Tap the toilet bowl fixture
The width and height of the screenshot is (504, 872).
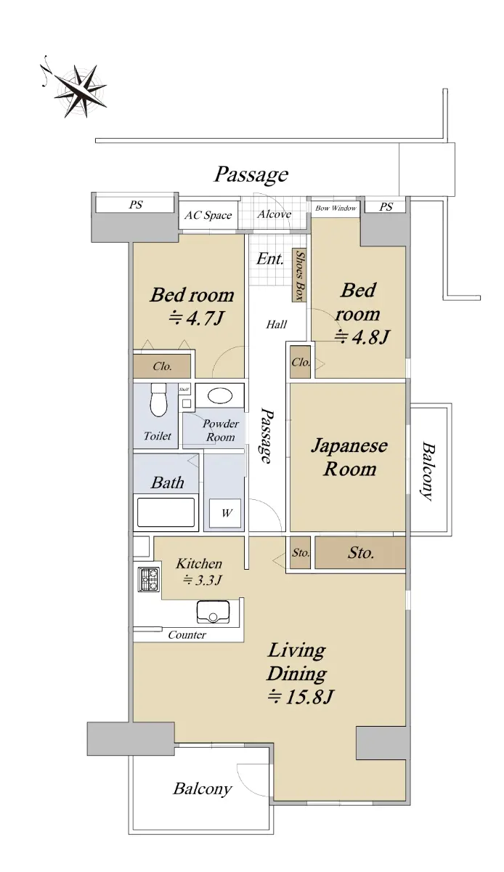tap(158, 400)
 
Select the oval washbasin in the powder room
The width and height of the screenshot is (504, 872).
tap(220, 396)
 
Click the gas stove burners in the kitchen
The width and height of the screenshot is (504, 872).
tap(148, 580)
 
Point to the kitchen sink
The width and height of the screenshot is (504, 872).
tap(213, 612)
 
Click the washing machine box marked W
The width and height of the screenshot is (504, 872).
tap(225, 513)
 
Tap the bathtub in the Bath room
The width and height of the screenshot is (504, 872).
tap(166, 512)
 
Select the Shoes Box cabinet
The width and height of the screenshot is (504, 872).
tap(299, 275)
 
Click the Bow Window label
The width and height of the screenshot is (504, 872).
tap(336, 209)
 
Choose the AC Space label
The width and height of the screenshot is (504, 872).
tap(208, 215)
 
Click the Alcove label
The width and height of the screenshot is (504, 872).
tap(274, 214)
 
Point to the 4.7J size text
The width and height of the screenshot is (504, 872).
tap(197, 318)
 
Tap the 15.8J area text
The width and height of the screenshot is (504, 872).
tap(301, 696)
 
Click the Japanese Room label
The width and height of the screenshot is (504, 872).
tap(349, 457)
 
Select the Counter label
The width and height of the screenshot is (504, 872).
tap(187, 635)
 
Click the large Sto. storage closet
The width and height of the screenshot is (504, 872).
tap(360, 552)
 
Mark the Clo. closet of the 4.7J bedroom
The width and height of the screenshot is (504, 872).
tap(162, 366)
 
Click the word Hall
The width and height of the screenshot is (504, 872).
tap(276, 324)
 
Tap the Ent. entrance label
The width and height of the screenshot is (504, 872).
tap(269, 259)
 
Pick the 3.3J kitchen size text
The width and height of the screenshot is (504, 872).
tap(202, 580)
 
